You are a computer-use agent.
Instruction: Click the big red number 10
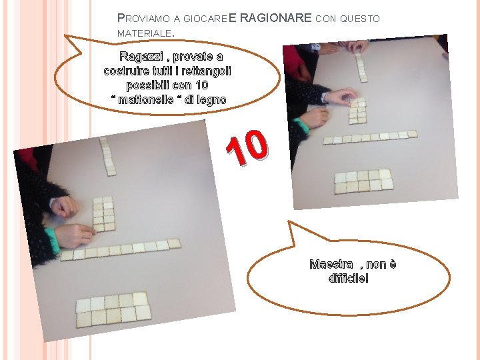[x=247, y=148]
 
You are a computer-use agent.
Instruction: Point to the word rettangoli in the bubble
[x=206, y=71]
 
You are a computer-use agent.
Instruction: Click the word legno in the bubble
[x=211, y=100]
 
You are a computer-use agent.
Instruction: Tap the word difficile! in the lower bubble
[x=349, y=278]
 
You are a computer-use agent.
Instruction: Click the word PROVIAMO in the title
[x=143, y=19]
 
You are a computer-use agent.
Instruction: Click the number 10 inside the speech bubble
[x=202, y=85]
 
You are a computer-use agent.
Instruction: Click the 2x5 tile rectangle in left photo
[x=113, y=310]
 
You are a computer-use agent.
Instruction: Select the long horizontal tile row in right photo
[x=370, y=137]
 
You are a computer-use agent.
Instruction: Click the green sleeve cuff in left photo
[x=53, y=241]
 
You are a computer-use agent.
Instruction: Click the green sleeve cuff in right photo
[x=301, y=125]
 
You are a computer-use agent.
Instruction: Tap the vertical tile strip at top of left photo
[x=108, y=156]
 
